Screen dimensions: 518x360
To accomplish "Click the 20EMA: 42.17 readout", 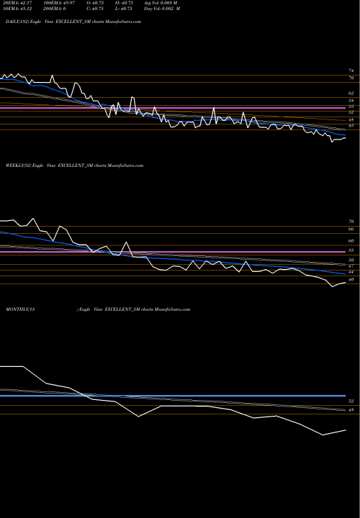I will point(17,4).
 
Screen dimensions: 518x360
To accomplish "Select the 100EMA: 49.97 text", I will point(58,4).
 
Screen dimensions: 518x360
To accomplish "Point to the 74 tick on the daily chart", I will point(351,71).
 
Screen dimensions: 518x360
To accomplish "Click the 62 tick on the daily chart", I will point(351,94).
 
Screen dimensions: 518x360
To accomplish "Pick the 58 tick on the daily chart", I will point(351,101).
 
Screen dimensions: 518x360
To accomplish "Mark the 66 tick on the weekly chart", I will point(351,231).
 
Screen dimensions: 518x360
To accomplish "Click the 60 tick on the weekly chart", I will point(351,241).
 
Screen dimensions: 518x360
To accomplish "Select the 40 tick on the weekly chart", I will point(351,279).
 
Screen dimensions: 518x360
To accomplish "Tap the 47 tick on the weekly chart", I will point(351,265).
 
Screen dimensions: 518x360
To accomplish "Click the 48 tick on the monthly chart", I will point(351,411).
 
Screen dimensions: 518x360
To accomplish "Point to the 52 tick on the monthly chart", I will point(351,400).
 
